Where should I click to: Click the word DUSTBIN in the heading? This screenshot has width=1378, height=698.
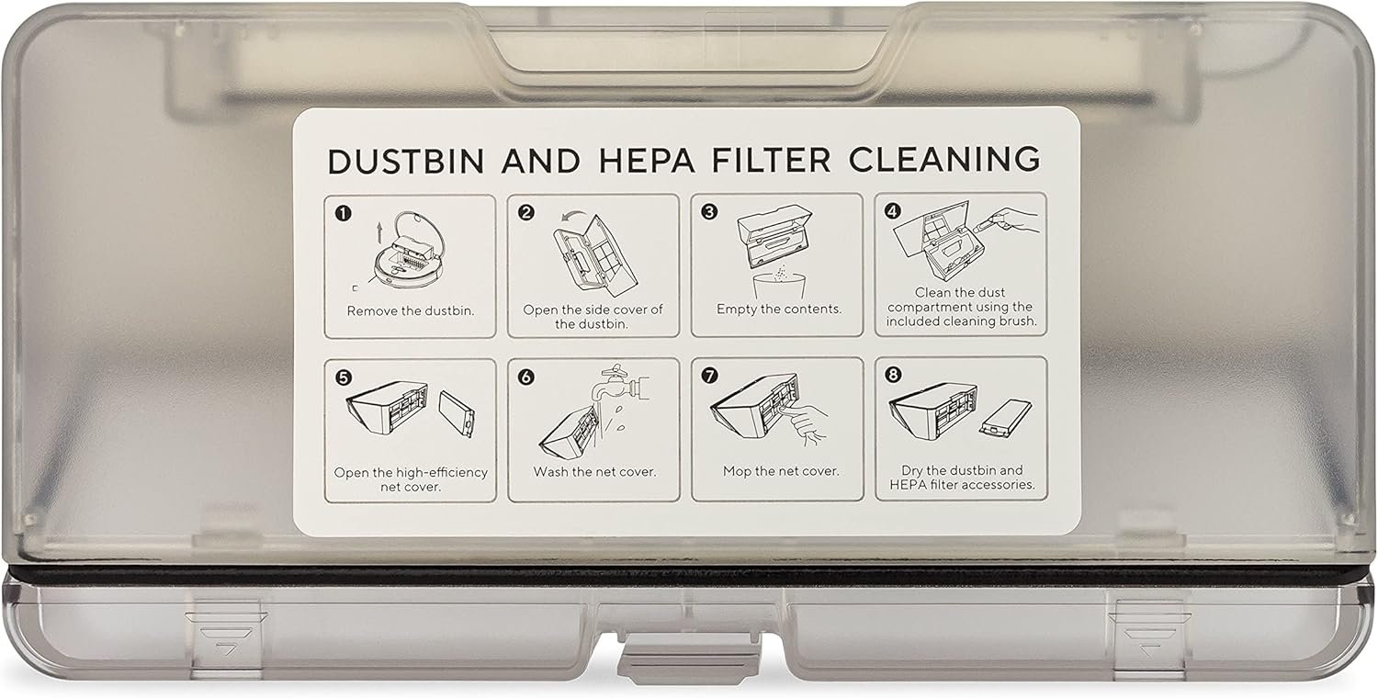406,161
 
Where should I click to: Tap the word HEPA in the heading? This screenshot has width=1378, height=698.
647,160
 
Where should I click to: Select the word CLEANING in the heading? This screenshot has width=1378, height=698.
944,159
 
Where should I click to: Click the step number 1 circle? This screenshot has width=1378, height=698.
344,213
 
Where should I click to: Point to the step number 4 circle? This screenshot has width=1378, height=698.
893,211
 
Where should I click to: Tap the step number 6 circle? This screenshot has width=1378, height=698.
526,377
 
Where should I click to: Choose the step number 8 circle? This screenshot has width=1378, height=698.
893,375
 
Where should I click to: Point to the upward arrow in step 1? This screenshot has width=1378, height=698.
379,231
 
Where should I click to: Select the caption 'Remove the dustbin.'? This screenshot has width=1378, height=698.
411,311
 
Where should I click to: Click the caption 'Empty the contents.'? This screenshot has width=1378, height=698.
779,310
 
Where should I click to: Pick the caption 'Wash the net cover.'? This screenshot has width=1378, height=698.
595,472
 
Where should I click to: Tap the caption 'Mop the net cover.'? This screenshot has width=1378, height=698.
781,472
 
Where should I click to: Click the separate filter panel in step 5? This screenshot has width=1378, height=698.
457,414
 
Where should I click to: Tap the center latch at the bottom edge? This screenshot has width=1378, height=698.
690,655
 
